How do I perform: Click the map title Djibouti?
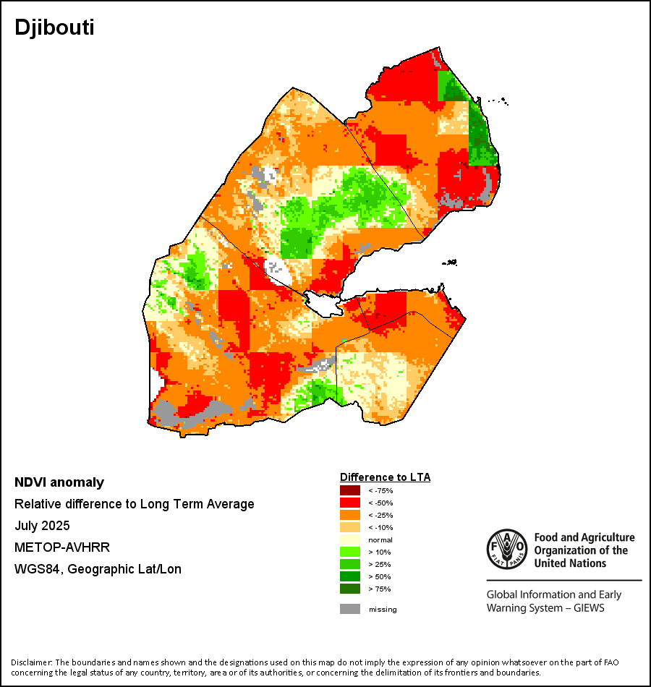(x=54, y=28)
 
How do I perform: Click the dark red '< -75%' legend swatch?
(x=350, y=491)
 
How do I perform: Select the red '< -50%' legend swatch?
(x=350, y=503)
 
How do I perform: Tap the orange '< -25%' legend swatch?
(x=350, y=516)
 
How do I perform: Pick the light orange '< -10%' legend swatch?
(x=350, y=528)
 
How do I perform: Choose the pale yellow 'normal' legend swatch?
(x=350, y=540)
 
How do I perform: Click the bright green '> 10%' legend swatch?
(x=350, y=552)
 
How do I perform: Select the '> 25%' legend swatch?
(x=350, y=565)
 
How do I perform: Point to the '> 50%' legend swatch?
(x=350, y=577)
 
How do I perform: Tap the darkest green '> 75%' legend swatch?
(x=350, y=589)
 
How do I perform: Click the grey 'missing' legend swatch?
(x=350, y=609)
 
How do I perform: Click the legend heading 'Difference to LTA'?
(x=385, y=477)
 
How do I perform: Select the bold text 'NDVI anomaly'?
(x=59, y=482)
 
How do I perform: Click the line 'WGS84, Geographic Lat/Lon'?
(x=98, y=569)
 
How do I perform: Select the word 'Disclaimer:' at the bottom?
(x=32, y=662)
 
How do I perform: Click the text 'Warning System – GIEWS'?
(x=545, y=607)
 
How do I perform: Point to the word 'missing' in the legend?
(x=383, y=610)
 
